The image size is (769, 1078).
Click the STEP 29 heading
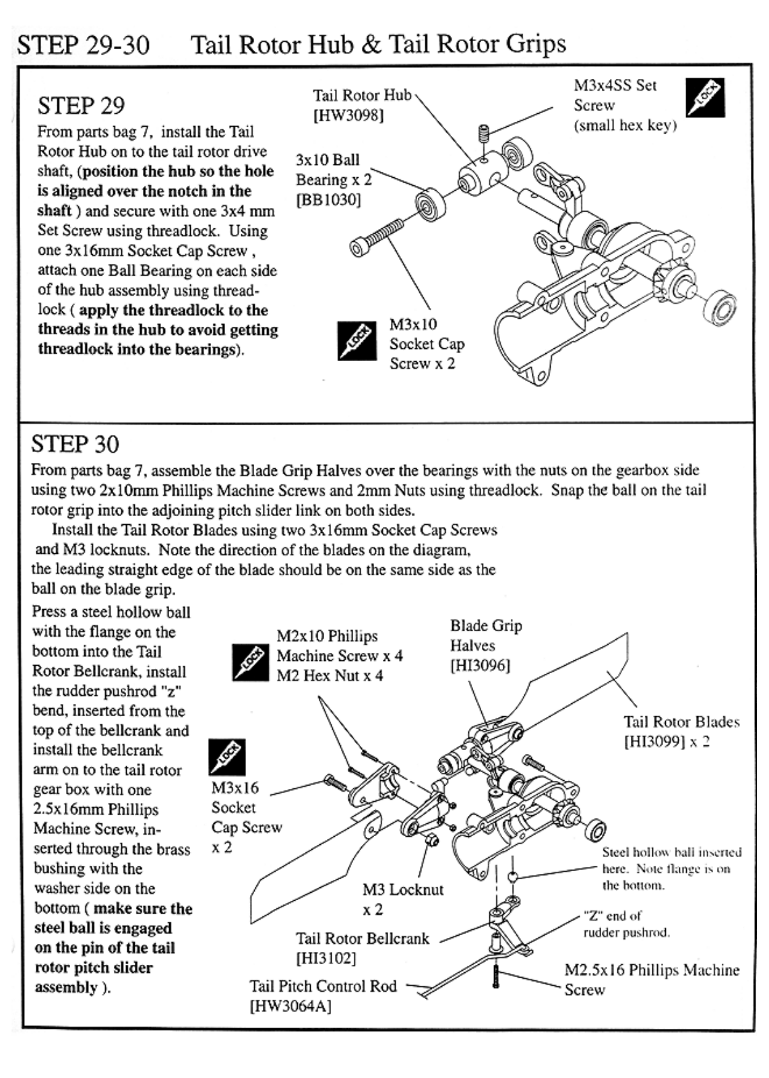81,106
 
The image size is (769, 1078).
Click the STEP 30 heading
75,445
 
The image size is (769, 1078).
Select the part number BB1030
328,200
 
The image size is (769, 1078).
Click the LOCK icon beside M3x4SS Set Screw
705,98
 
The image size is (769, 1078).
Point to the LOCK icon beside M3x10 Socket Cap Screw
357,341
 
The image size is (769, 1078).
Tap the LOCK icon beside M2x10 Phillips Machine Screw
251,662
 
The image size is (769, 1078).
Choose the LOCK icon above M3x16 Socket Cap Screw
226,757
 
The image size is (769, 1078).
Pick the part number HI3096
480,666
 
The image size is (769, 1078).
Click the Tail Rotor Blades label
681,722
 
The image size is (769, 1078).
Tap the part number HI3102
326,958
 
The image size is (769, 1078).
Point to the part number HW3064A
290,1007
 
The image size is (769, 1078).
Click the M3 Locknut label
403,890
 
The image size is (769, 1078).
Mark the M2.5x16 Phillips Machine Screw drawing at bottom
495,976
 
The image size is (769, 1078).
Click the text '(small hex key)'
625,125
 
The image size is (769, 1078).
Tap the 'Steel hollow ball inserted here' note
671,868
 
